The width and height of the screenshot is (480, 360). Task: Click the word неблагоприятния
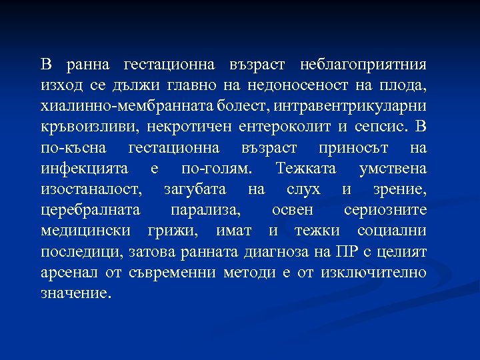[x=364, y=65]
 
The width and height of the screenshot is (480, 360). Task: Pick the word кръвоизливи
[x=84, y=127]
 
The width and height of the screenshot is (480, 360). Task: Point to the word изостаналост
[x=91, y=189]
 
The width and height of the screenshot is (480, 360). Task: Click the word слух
[x=307, y=189]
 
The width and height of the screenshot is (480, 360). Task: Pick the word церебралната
[x=91, y=211]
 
